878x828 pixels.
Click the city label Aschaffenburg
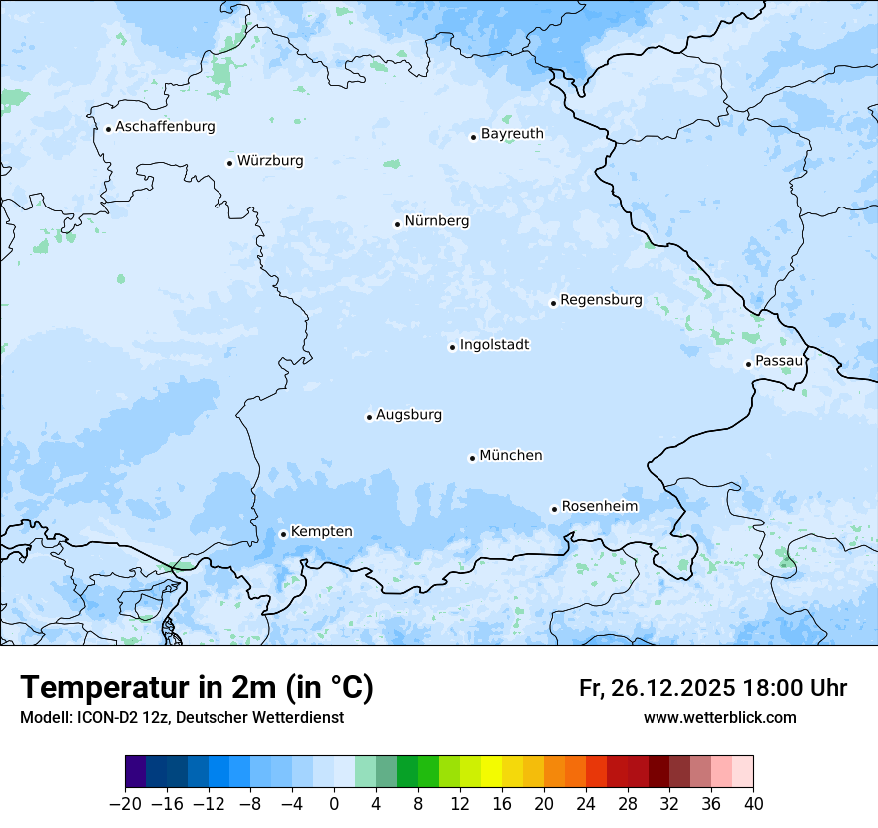pos(165,127)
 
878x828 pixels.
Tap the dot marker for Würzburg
pos(229,163)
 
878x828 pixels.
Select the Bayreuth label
pos(512,134)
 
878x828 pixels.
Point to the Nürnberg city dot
pos(397,224)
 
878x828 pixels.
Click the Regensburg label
pos(601,300)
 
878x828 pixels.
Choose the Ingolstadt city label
pos(494,345)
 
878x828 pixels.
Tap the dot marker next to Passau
pos(748,364)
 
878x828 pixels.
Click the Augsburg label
pos(408,415)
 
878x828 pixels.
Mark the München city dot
pos(472,458)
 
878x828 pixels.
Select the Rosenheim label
pos(599,507)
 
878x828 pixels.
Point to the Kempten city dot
pos(283,534)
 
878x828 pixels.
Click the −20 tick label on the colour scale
pos(125,804)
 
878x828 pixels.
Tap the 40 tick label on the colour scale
pos(753,804)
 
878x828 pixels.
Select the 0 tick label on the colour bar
pos(334,804)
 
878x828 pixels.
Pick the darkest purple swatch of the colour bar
pos(135,772)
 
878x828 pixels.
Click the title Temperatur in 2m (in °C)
pos(197,687)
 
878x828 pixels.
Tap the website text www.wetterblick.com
pos(719,717)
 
